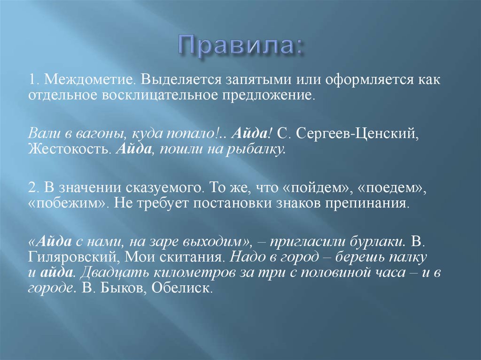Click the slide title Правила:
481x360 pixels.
(240, 46)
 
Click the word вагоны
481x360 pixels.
(96, 134)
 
